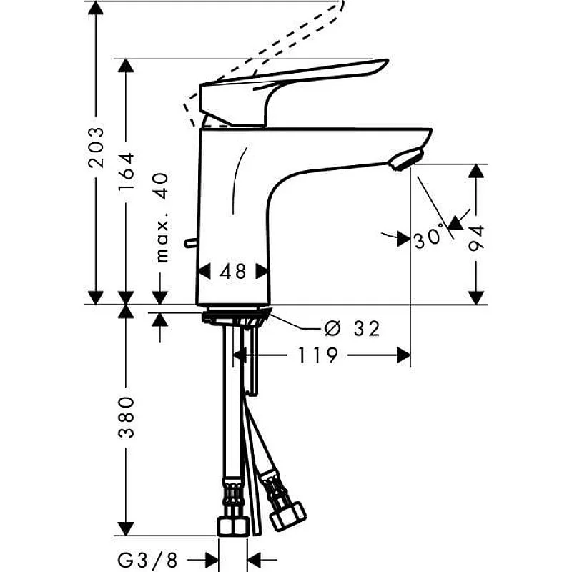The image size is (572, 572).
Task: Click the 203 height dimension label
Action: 96,147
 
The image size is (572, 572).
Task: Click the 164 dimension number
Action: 127,171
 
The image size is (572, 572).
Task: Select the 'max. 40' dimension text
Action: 162,217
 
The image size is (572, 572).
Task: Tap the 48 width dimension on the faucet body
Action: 232,272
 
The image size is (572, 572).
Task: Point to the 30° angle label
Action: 429,238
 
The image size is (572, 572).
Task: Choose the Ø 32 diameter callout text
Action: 352,329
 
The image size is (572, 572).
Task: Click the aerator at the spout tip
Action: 405,159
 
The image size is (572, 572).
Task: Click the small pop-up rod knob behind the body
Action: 189,245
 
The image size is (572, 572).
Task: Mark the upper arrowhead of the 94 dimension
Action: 477,172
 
